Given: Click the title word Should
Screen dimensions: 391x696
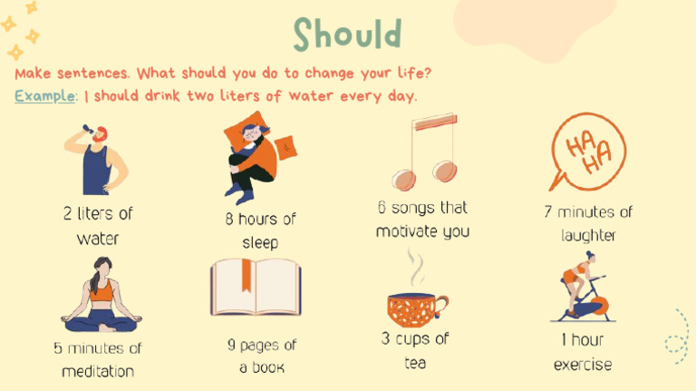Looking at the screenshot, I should (x=347, y=34).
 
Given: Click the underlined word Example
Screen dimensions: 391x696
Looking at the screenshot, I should (x=44, y=96).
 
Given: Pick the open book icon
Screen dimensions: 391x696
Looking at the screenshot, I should (x=256, y=288).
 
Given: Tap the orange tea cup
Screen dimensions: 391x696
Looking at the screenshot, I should (x=413, y=308).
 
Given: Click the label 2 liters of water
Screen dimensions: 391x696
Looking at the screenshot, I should (x=98, y=226).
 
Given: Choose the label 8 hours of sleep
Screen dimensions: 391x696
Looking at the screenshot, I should (x=260, y=230).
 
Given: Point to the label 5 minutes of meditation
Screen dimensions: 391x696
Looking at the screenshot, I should (x=98, y=359).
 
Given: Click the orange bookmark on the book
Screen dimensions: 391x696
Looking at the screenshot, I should (x=245, y=276).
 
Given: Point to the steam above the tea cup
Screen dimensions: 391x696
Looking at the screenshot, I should (x=415, y=269).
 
